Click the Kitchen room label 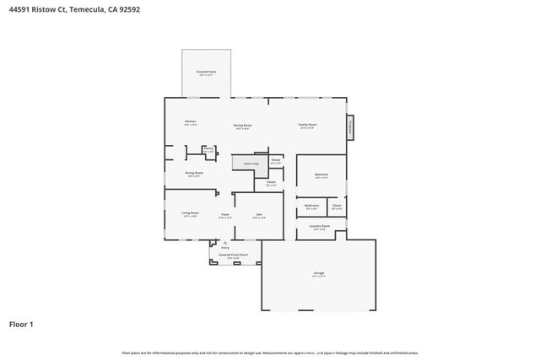[191, 122]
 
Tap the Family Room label [307, 126]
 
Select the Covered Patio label [206, 73]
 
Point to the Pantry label [208, 150]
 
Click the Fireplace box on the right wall [350, 128]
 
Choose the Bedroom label [321, 175]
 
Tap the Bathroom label [311, 206]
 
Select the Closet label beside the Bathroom [336, 206]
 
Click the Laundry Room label [320, 227]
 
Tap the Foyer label [225, 216]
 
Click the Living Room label [191, 214]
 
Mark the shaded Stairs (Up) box [251, 164]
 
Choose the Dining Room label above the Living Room [194, 174]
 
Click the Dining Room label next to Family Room [243, 126]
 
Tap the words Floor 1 [21, 324]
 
